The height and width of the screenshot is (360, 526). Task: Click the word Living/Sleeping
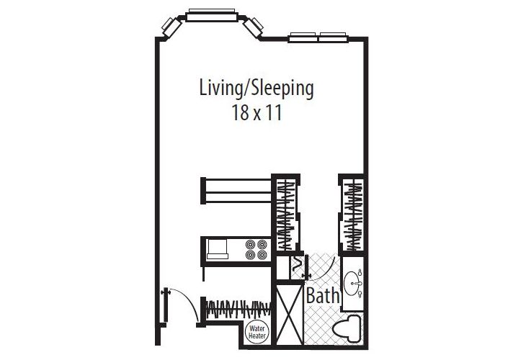click(x=256, y=89)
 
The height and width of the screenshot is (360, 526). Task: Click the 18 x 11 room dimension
click(x=256, y=114)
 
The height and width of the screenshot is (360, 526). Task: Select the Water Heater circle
click(x=257, y=333)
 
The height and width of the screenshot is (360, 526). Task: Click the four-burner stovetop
click(x=256, y=248)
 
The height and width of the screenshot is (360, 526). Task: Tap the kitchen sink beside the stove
click(x=217, y=249)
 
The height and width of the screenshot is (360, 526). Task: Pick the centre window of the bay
click(x=212, y=14)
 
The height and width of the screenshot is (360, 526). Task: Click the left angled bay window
click(x=171, y=27)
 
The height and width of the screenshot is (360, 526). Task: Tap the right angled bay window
click(x=253, y=27)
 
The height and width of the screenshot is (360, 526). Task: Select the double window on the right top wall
click(x=317, y=36)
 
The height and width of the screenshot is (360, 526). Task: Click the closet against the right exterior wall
click(x=352, y=215)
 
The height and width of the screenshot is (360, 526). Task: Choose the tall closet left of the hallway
click(x=285, y=215)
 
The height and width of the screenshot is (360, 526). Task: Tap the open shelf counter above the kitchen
click(x=235, y=190)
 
